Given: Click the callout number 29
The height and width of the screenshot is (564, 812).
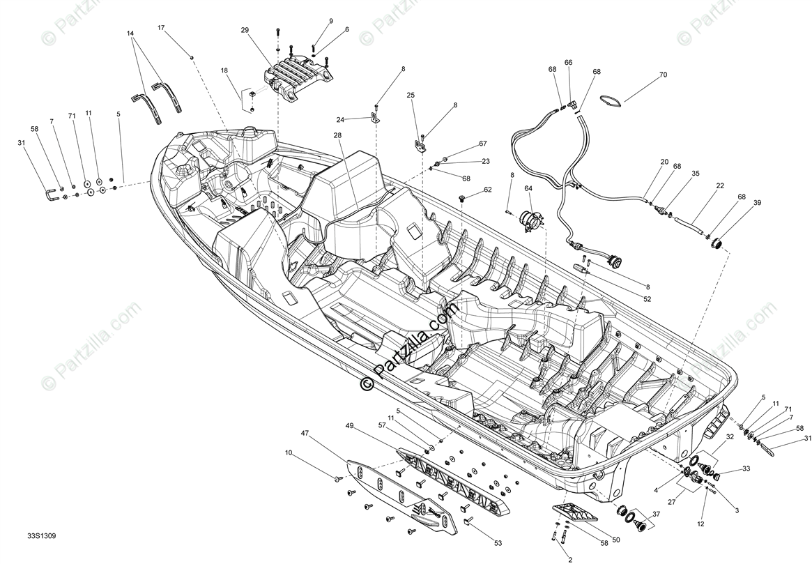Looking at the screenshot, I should [x=245, y=30].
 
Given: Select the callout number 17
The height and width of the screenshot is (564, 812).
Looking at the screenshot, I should [x=161, y=28].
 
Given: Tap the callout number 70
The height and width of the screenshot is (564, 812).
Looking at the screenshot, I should [x=663, y=75].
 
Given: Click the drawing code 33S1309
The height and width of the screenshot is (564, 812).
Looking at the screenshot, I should [x=42, y=536].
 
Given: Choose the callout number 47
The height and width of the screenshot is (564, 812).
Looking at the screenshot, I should [x=305, y=433].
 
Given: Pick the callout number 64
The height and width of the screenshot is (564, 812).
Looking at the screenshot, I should [x=528, y=188].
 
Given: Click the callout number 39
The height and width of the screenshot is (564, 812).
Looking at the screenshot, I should [x=757, y=204].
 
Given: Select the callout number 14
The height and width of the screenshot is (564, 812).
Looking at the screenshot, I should [x=130, y=33].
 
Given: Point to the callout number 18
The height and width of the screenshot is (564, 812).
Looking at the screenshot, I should [x=224, y=70].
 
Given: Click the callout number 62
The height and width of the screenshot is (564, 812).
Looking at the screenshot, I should [x=488, y=190].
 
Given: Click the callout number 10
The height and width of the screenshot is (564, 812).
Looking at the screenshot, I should [x=289, y=453].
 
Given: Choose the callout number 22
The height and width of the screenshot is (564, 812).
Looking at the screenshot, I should [x=720, y=185].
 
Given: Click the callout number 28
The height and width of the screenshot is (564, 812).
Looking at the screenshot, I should [x=337, y=135].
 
